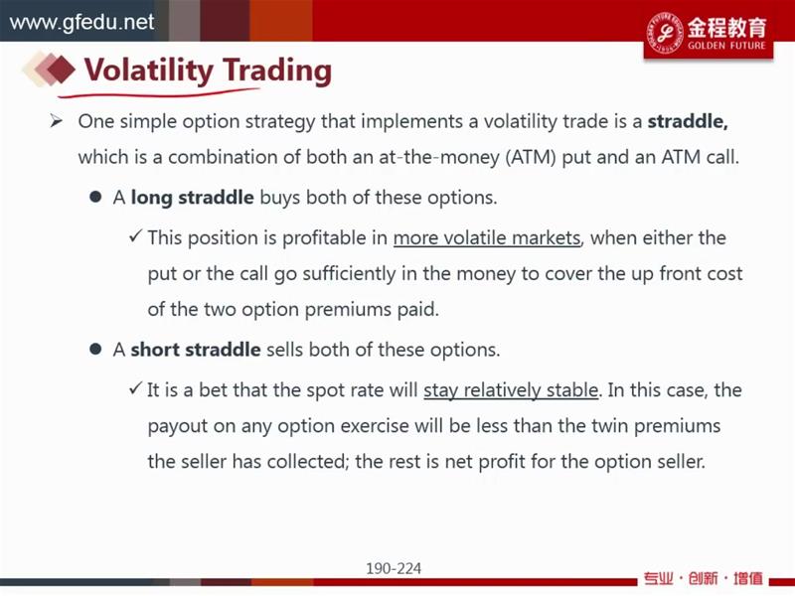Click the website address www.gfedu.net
coord(81,22)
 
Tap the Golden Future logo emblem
coord(664,32)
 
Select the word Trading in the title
coord(277,71)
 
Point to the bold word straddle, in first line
coord(688,121)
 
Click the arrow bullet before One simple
coord(56,121)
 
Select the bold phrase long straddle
coord(192,198)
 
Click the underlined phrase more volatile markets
coord(487,237)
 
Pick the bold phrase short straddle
coord(196,350)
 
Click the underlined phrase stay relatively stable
coord(511,390)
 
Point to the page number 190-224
coord(394,568)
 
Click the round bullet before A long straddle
coord(95,197)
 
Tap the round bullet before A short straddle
coord(95,350)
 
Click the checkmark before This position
coord(135,235)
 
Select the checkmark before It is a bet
coord(135,388)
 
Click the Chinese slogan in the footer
coord(704,578)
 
